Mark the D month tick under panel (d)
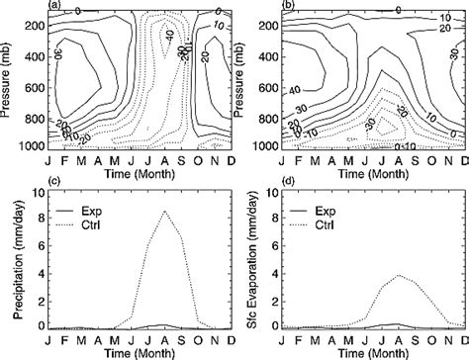459,337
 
